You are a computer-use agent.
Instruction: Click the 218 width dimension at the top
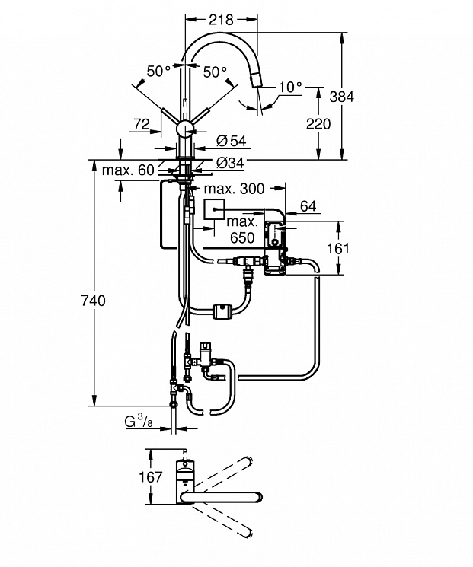tap(221, 20)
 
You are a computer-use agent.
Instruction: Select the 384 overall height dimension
tap(342, 97)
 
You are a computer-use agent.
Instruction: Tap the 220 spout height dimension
tap(318, 123)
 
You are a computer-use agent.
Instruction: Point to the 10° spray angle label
tap(290, 87)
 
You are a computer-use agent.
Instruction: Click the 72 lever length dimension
tap(142, 124)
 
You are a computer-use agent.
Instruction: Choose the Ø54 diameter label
tap(232, 141)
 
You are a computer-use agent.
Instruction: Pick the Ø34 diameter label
tap(231, 163)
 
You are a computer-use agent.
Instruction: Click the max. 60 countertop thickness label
tap(128, 170)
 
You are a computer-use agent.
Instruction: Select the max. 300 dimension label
tap(234, 189)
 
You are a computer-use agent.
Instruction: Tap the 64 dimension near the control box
tap(308, 206)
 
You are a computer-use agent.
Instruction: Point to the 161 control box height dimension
tap(338, 248)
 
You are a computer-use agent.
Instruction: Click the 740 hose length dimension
tap(93, 301)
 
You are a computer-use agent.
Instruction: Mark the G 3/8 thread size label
tap(139, 422)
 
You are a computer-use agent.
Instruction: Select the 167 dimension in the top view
tap(151, 477)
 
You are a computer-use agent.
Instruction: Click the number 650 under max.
tap(242, 237)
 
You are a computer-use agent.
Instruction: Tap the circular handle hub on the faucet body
tap(185, 129)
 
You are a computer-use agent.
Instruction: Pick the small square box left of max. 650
tap(215, 209)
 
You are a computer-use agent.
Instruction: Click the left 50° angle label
tap(158, 72)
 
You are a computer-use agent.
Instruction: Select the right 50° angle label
tap(215, 72)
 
